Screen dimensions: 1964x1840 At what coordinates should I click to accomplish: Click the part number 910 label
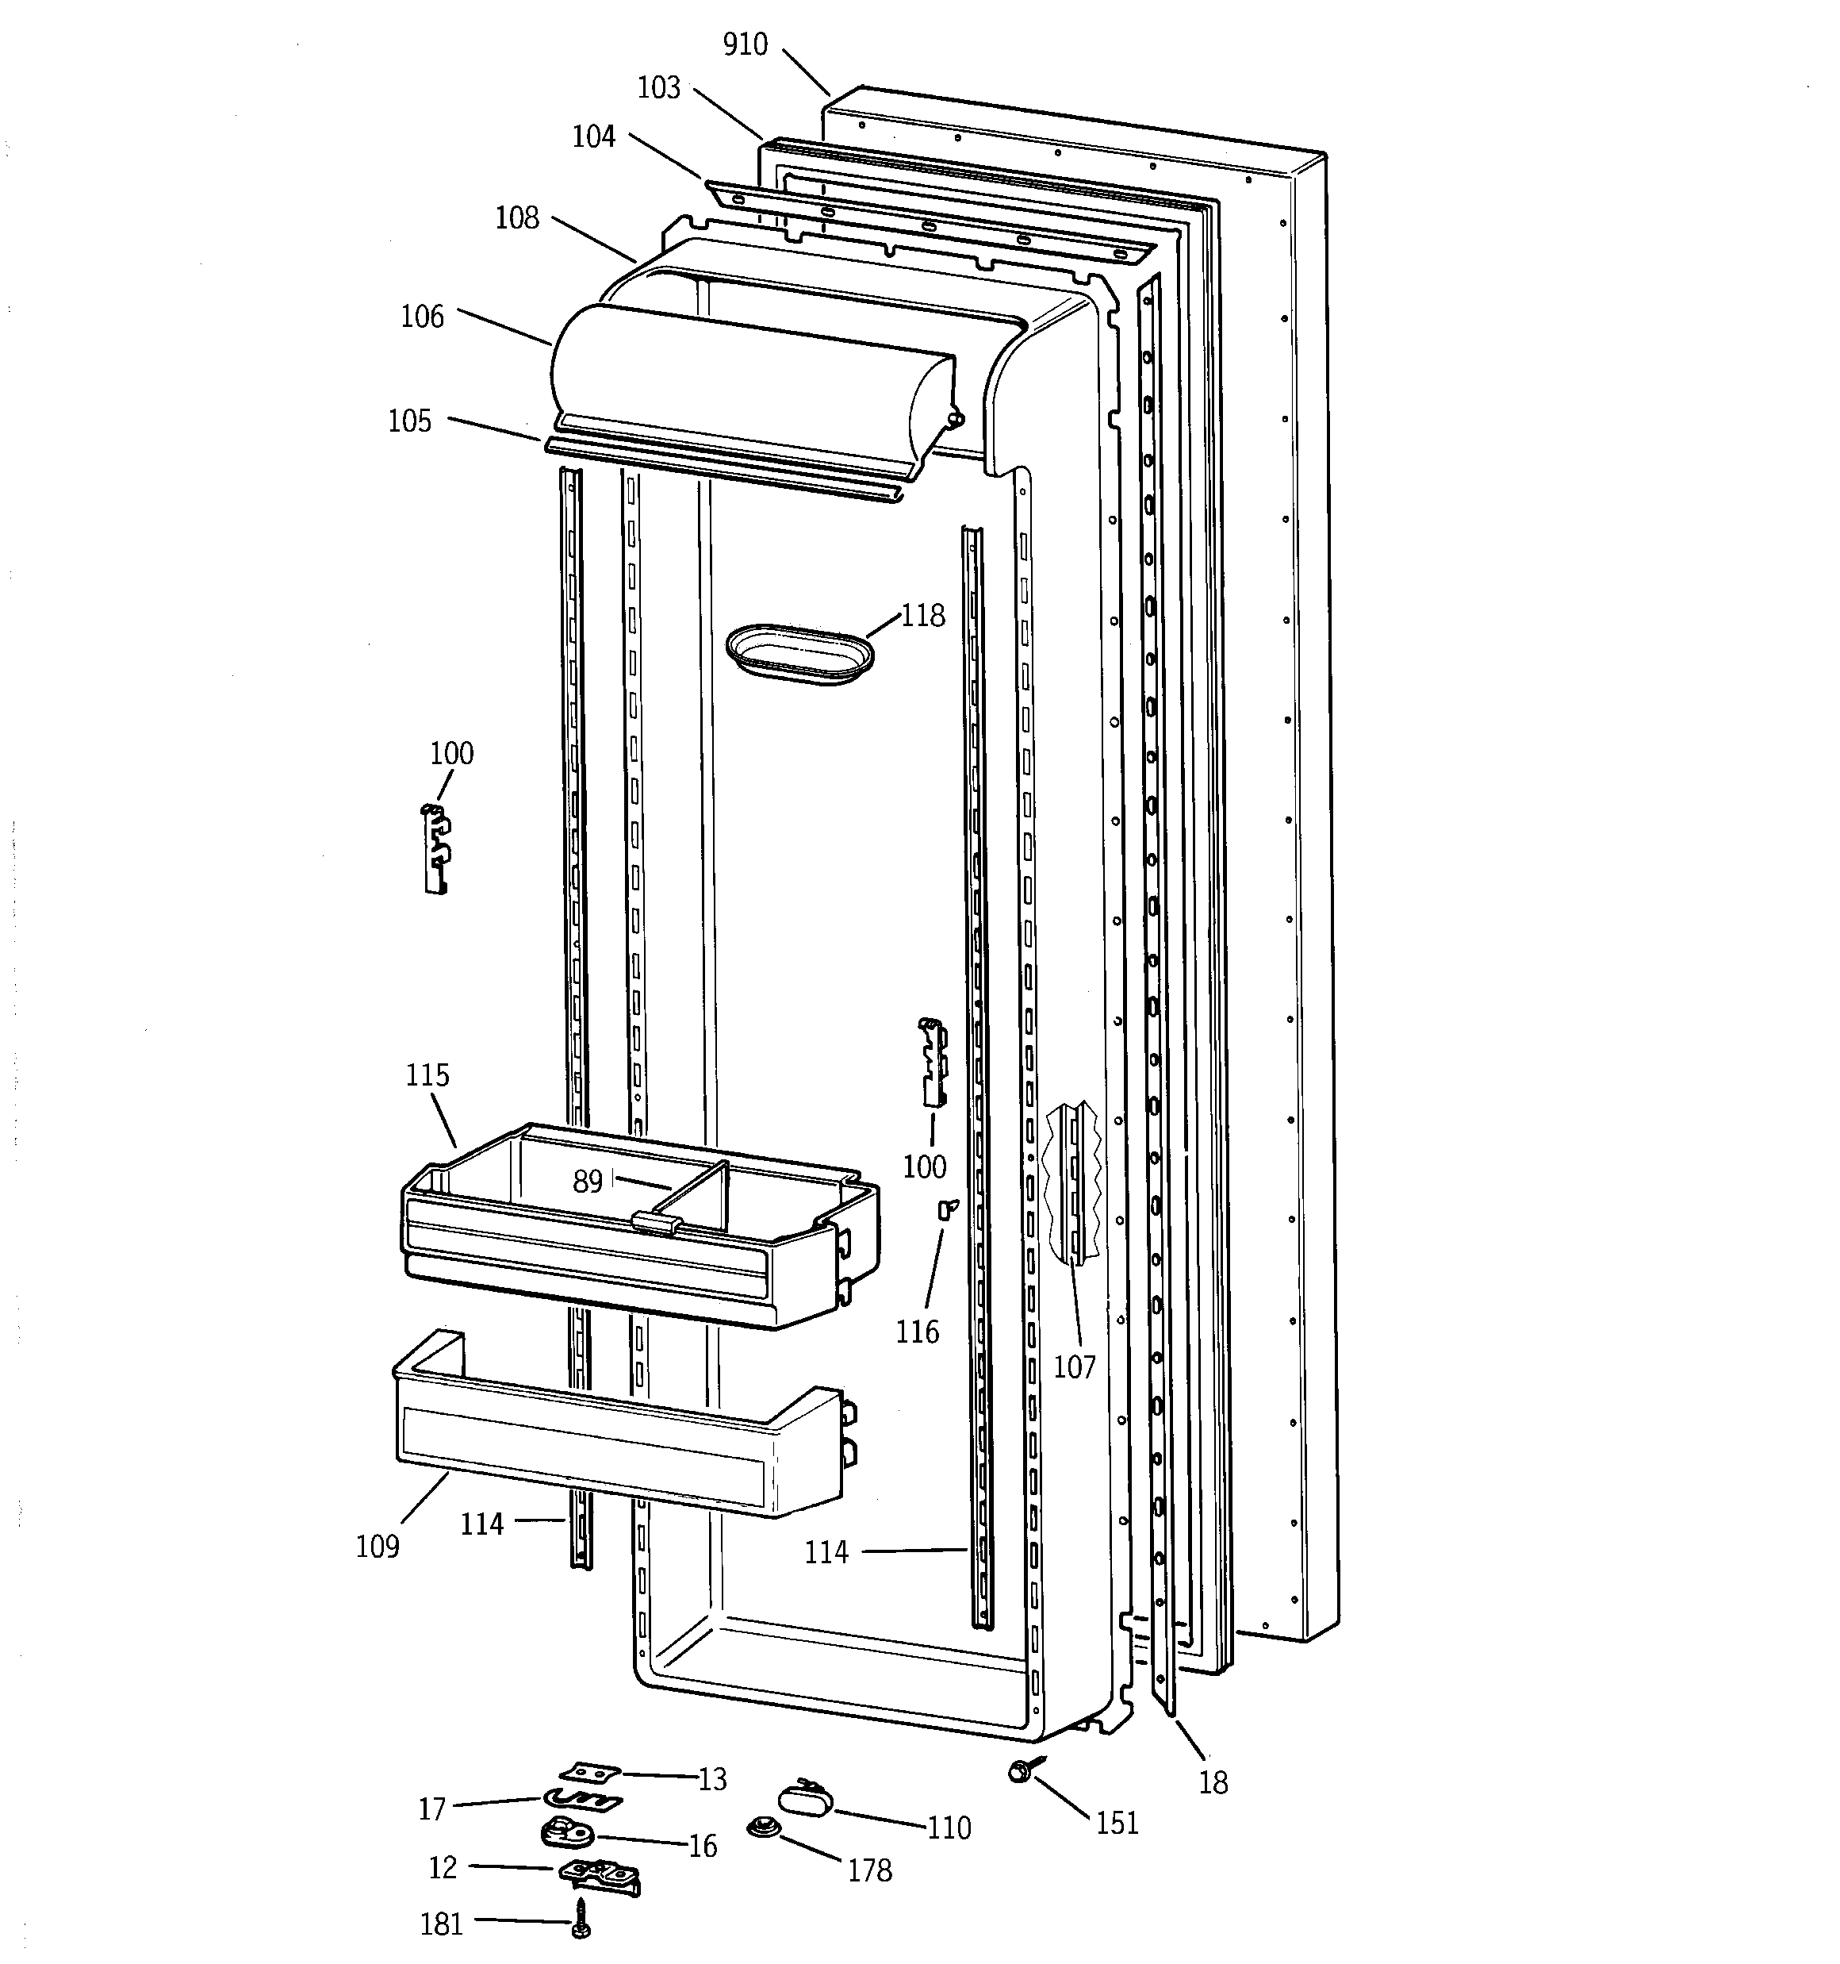(x=745, y=44)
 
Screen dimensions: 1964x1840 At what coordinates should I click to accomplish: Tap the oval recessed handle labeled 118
(x=800, y=653)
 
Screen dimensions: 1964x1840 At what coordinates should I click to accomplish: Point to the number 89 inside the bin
(x=588, y=1182)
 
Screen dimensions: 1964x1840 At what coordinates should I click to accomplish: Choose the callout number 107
(x=1075, y=1367)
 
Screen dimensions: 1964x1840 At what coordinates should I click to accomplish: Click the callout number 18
(x=1213, y=1783)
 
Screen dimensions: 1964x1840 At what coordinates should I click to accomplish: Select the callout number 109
(x=378, y=1546)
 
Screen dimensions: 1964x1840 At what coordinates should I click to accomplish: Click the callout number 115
(x=427, y=1075)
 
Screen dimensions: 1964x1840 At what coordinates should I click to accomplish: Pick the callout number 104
(x=593, y=136)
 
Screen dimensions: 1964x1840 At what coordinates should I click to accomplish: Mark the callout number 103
(x=659, y=88)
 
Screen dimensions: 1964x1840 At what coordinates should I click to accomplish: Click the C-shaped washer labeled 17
(x=581, y=1800)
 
